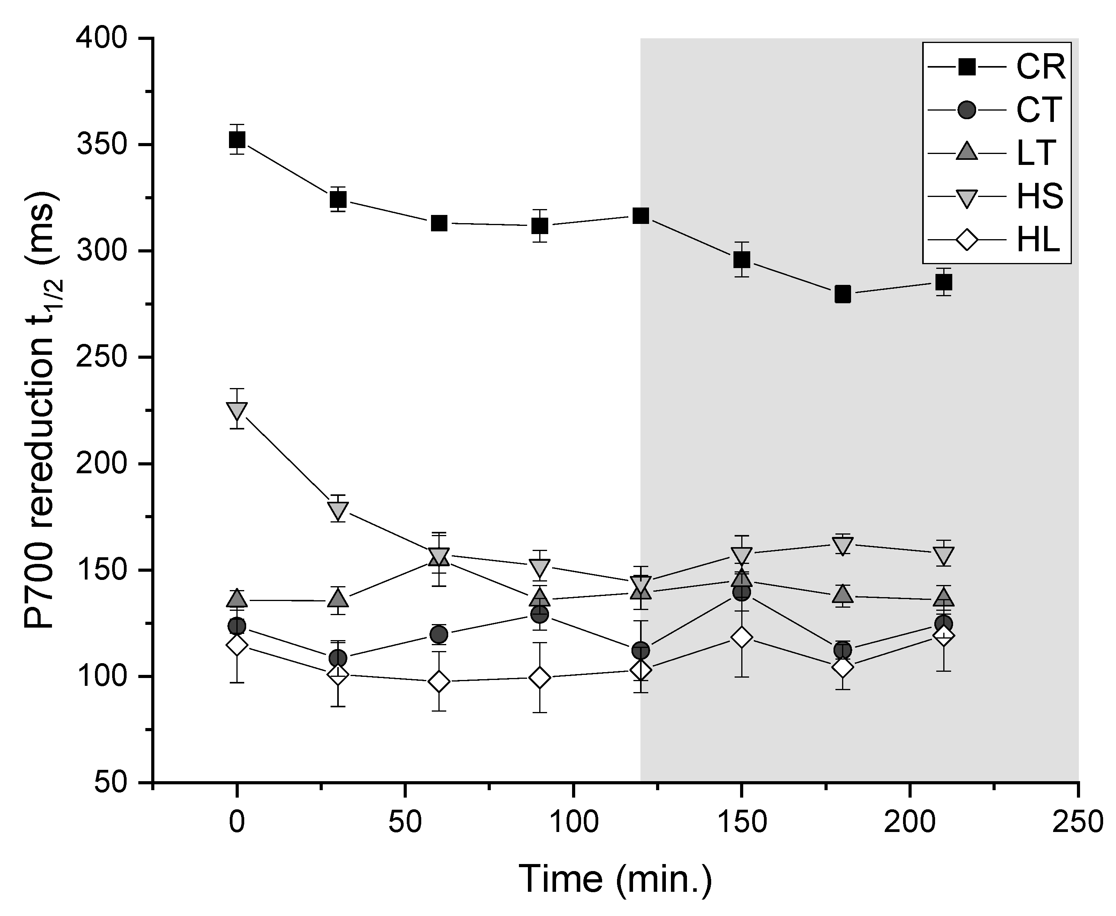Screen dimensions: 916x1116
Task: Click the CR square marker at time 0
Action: tap(237, 140)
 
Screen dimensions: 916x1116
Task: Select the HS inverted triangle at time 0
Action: tap(237, 410)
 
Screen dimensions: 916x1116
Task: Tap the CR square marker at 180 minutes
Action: tap(843, 294)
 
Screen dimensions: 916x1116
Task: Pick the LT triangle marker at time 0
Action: tap(237, 598)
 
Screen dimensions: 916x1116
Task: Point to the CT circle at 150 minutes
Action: tap(741, 592)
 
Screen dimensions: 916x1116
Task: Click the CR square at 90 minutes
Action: tap(539, 226)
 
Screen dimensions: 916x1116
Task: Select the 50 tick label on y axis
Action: tap(111, 782)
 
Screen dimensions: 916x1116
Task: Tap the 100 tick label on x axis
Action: tap(573, 823)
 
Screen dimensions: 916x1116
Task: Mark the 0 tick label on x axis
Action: tap(237, 823)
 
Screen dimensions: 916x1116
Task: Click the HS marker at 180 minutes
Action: tap(843, 546)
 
